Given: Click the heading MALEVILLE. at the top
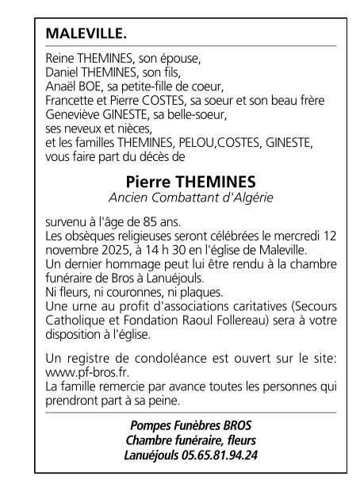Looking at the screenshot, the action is (87, 35).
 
